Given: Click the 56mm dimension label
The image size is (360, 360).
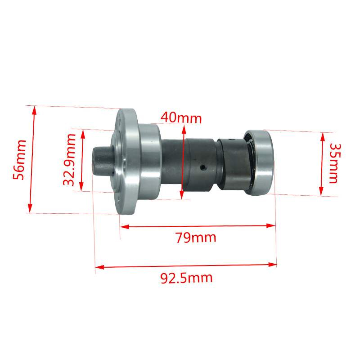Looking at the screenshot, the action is pyautogui.click(x=19, y=160).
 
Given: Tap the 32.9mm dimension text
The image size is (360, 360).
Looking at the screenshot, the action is pyautogui.click(x=69, y=160).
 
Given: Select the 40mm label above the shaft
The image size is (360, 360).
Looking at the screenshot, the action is pyautogui.click(x=181, y=118).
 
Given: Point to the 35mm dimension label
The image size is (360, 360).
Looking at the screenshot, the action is pyautogui.click(x=334, y=163).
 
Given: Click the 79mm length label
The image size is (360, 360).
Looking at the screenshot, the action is pyautogui.click(x=196, y=238).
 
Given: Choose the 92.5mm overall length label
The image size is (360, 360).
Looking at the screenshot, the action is pyautogui.click(x=186, y=278).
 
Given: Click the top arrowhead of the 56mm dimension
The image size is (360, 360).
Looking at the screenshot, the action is pyautogui.click(x=34, y=110).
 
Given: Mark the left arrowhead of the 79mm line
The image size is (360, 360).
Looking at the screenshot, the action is pyautogui.click(x=124, y=227).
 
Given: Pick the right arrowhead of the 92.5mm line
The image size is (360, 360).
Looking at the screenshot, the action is pyautogui.click(x=272, y=265).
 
